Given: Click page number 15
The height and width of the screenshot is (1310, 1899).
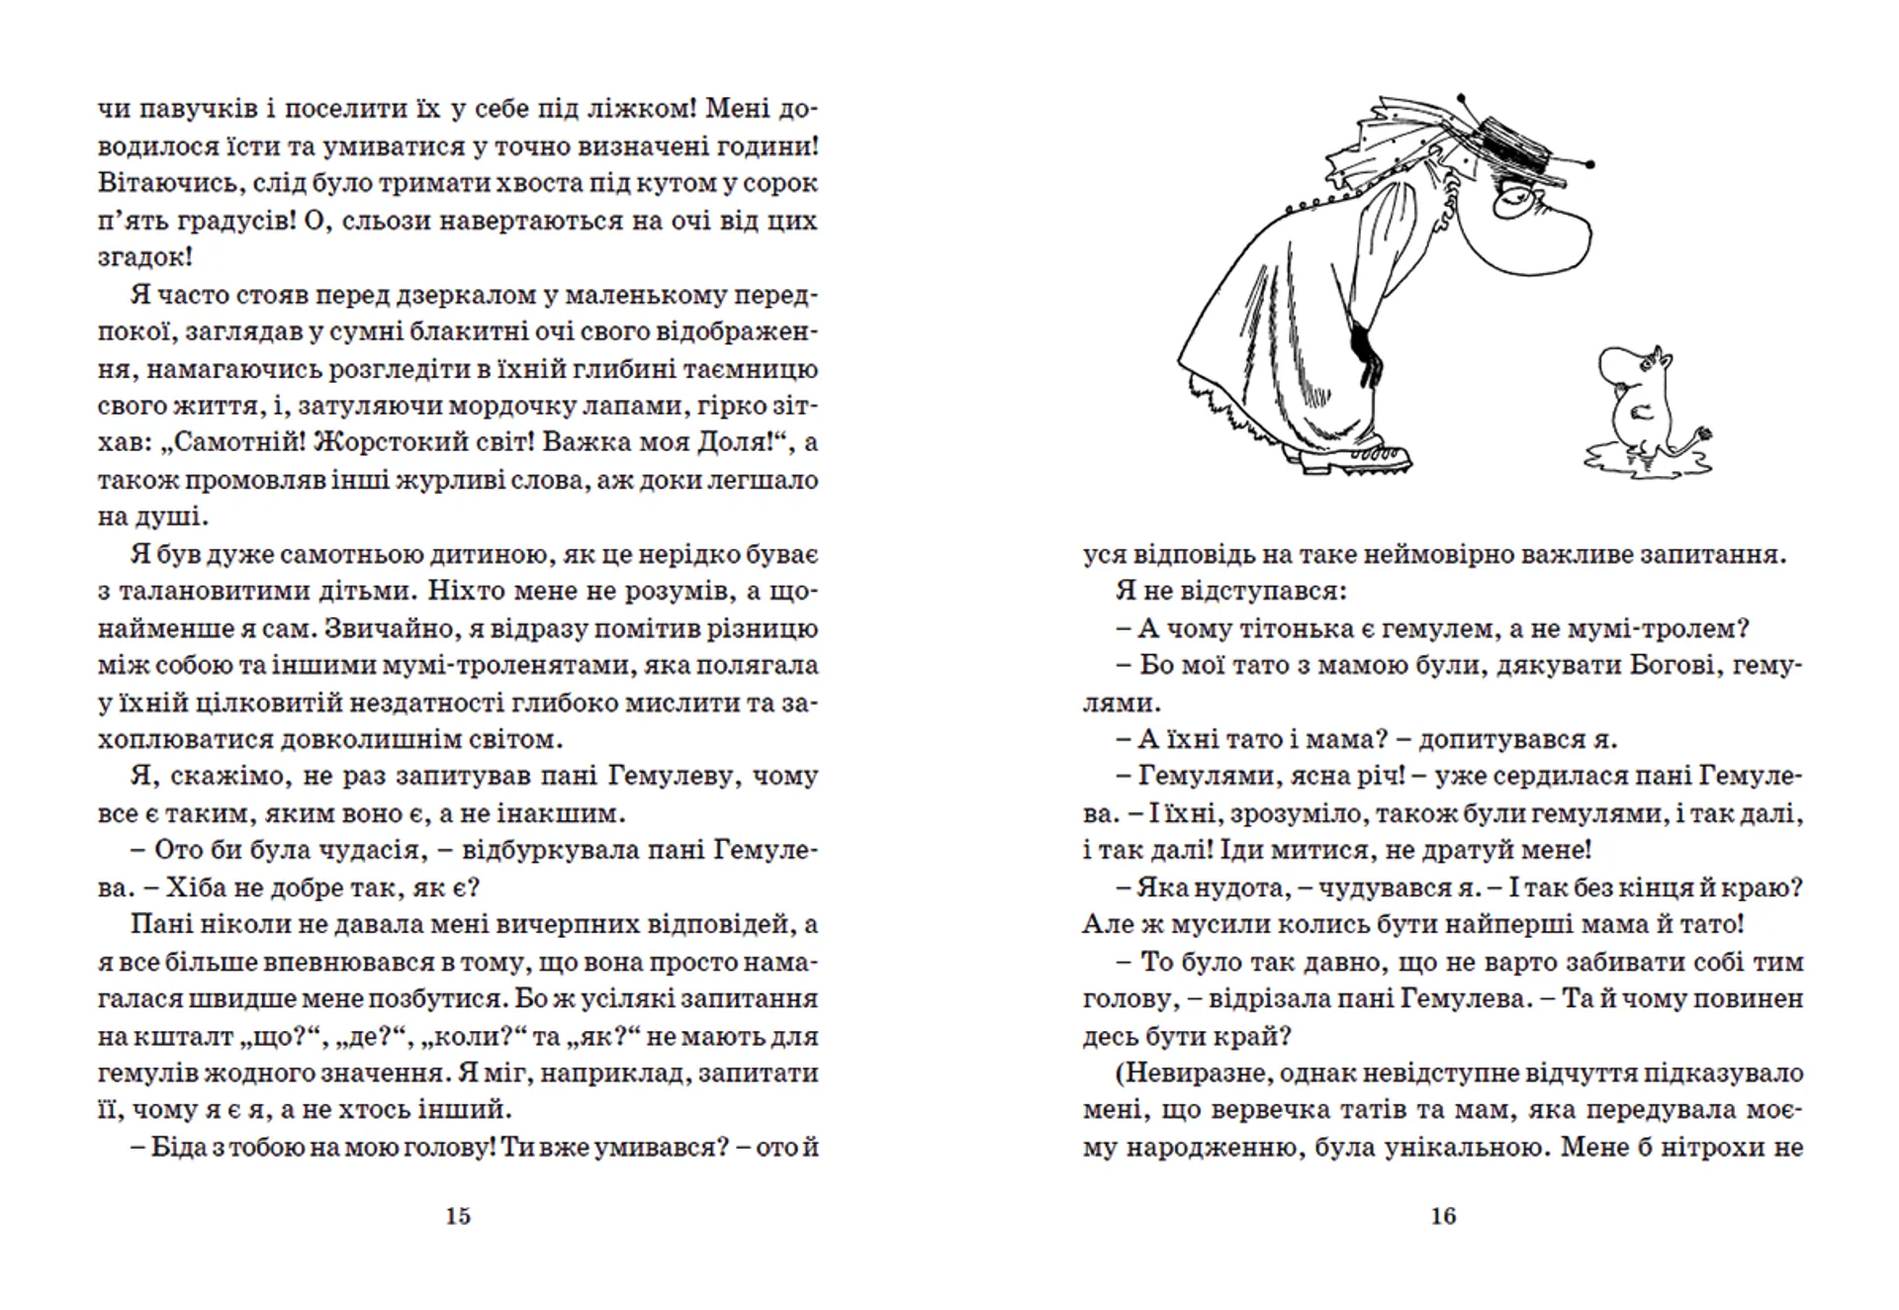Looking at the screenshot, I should (458, 1216).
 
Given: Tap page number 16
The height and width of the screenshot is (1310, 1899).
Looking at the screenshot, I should (1443, 1216).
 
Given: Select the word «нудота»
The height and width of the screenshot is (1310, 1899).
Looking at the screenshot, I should (1233, 888).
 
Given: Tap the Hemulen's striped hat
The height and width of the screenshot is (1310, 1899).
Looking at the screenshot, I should (1513, 148).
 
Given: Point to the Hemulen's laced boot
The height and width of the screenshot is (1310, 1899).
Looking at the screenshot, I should (1355, 455).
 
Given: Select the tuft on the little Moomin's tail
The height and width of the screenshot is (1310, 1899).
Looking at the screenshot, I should (1703, 434).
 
